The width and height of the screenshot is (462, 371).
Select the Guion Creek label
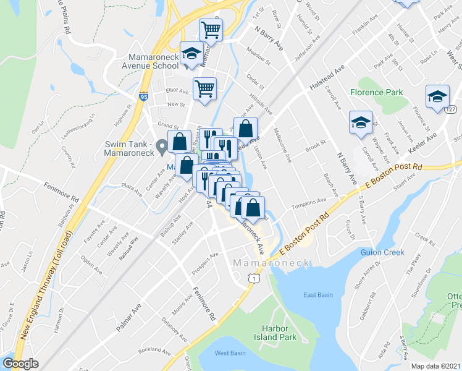click(x=384, y=252)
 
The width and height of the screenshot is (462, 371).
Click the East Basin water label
click(x=317, y=295)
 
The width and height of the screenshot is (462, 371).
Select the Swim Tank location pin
click(x=162, y=147)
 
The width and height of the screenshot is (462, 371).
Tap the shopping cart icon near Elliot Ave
click(x=204, y=88)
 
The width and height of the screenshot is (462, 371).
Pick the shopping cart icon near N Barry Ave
click(x=211, y=29)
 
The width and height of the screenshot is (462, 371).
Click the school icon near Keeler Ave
click(x=437, y=96)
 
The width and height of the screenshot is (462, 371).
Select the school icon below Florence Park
click(x=360, y=122)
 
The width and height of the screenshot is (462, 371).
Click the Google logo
click(x=21, y=364)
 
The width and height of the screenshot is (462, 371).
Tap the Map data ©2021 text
click(x=436, y=366)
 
